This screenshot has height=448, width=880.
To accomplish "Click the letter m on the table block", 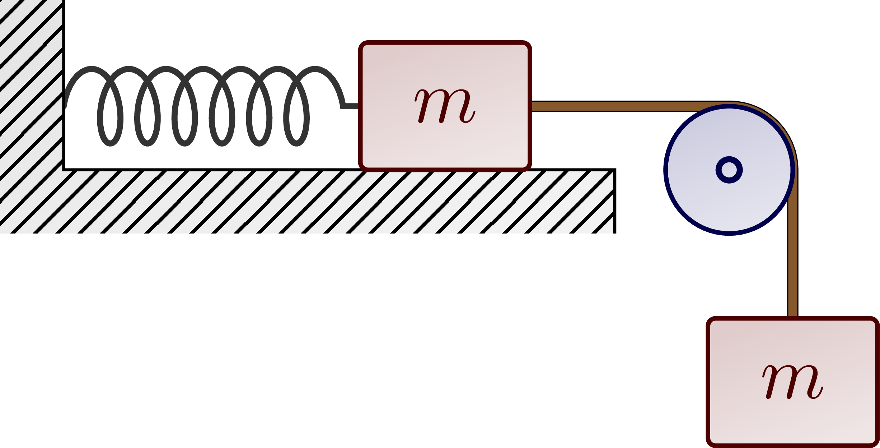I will click(x=445, y=106).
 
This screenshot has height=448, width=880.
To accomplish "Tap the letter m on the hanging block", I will click(x=793, y=382).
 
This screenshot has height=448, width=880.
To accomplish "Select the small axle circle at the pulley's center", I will click(x=729, y=170).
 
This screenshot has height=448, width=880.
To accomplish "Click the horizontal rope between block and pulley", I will click(x=610, y=106).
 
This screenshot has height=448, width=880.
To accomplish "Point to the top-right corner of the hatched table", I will click(x=615, y=170).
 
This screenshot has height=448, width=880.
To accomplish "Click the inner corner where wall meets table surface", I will click(x=64, y=169).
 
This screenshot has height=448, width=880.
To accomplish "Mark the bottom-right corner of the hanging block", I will click(x=877, y=445).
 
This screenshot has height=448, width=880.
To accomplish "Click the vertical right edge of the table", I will click(x=615, y=201).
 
